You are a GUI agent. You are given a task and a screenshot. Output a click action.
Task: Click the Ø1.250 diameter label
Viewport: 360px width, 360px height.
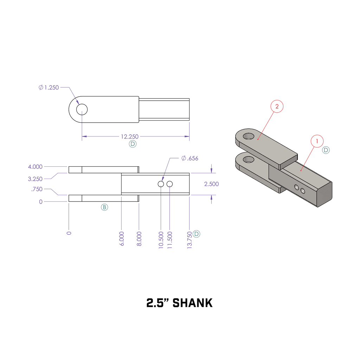(x=49, y=88)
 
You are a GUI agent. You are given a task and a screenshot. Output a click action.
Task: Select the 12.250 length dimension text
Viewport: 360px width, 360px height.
(x=129, y=136)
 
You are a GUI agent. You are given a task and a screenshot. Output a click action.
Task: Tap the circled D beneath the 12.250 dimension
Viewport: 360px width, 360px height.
(x=133, y=144)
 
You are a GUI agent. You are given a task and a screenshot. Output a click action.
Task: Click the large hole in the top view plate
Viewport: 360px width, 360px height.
(x=82, y=110)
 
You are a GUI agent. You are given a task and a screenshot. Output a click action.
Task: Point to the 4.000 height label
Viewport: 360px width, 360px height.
(x=35, y=167)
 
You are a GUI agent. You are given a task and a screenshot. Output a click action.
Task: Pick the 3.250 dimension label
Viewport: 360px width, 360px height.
(x=35, y=179)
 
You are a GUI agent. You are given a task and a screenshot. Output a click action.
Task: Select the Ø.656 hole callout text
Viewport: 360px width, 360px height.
(x=190, y=158)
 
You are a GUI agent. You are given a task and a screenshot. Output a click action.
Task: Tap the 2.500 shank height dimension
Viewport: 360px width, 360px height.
(x=211, y=184)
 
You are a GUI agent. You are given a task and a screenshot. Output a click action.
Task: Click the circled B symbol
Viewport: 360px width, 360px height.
(x=104, y=207)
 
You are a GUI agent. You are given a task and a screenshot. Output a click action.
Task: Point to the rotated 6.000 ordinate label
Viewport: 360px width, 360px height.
(x=122, y=238)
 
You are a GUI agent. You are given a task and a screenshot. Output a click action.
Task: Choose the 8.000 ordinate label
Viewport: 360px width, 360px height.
(x=139, y=238)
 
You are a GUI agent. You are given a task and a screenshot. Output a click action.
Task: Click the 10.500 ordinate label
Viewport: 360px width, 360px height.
(x=161, y=240)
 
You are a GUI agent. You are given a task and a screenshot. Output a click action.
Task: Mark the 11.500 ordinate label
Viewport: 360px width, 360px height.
(x=170, y=240)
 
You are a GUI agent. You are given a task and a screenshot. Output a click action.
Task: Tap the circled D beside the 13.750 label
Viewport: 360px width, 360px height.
(x=197, y=234)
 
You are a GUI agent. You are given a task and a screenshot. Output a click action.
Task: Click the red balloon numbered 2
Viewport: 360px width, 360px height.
(x=277, y=107)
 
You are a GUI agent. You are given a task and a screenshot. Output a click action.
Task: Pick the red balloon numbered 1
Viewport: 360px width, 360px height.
(x=317, y=141)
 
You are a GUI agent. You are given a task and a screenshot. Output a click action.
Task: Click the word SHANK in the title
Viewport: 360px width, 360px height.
(x=193, y=303)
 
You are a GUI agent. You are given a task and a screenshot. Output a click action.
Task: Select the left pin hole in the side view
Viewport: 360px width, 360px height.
(x=161, y=184)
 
